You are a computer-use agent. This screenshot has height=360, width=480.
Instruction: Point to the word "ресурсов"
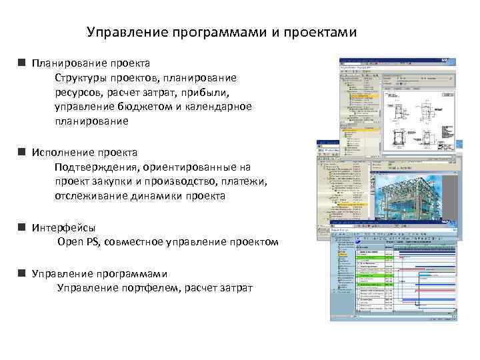click(81, 93)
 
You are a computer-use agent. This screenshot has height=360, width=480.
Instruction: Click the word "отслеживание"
click(89, 196)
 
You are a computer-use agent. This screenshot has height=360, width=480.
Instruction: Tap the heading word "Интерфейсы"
click(63, 227)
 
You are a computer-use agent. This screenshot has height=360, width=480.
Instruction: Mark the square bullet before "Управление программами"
click(22, 273)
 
